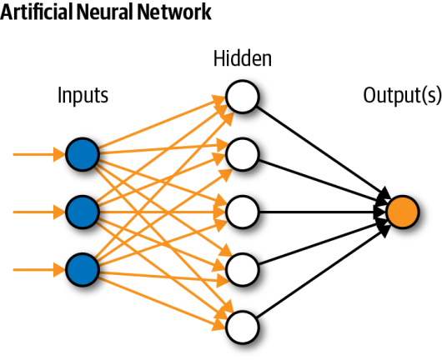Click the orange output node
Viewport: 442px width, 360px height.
402,211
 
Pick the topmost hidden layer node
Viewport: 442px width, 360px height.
242,96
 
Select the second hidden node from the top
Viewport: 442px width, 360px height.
242,153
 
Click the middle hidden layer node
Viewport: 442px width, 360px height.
242,211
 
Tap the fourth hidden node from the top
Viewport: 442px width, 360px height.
242,267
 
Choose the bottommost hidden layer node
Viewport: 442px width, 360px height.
242,324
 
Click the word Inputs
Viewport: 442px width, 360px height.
83,95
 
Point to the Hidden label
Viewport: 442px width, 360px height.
242,59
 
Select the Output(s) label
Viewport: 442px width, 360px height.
402,95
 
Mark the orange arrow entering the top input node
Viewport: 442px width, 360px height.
38,154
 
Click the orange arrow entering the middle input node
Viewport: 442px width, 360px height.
38,211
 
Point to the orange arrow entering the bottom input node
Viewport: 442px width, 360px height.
38,267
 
